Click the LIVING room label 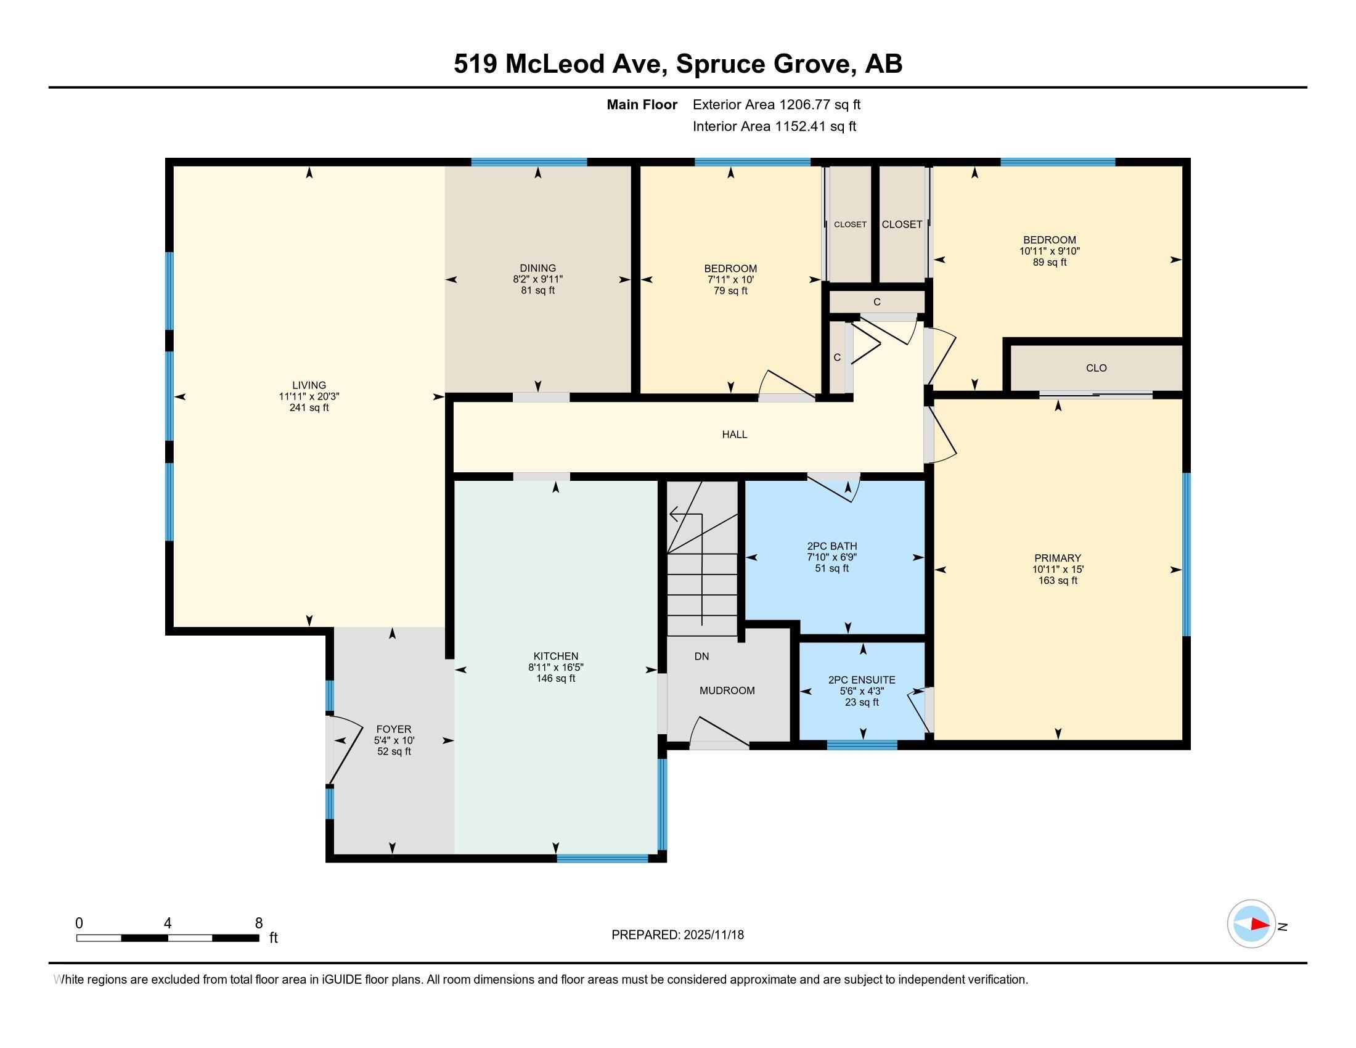pyautogui.click(x=309, y=385)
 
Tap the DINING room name pyautogui.click(x=537, y=268)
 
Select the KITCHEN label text pyautogui.click(x=556, y=657)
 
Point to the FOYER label pyautogui.click(x=394, y=729)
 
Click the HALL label pyautogui.click(x=735, y=435)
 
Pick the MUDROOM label pyautogui.click(x=727, y=690)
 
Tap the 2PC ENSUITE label pyautogui.click(x=862, y=680)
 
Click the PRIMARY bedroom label pyautogui.click(x=1057, y=558)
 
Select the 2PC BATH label pyautogui.click(x=832, y=546)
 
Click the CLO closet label pyautogui.click(x=1097, y=368)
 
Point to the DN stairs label pyautogui.click(x=701, y=657)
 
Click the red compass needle pyautogui.click(x=1260, y=924)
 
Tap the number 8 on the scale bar pyautogui.click(x=259, y=923)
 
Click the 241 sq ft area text pyautogui.click(x=309, y=408)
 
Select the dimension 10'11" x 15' pyautogui.click(x=1058, y=570)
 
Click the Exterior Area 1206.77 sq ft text pyautogui.click(x=777, y=104)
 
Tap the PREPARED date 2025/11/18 pyautogui.click(x=713, y=935)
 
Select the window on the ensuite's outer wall pyautogui.click(x=862, y=745)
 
